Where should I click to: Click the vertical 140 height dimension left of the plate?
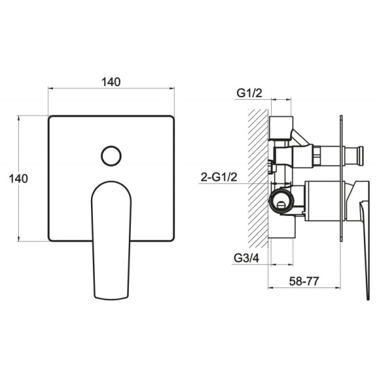[x=18, y=179]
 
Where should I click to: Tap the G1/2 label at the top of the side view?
[x=250, y=93]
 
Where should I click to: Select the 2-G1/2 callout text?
[x=219, y=177]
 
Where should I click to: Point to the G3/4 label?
[x=246, y=258]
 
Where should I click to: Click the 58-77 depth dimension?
[x=304, y=281]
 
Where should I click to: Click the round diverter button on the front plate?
[x=111, y=156]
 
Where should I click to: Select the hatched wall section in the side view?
[x=258, y=178]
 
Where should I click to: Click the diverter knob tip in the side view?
[x=361, y=156]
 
